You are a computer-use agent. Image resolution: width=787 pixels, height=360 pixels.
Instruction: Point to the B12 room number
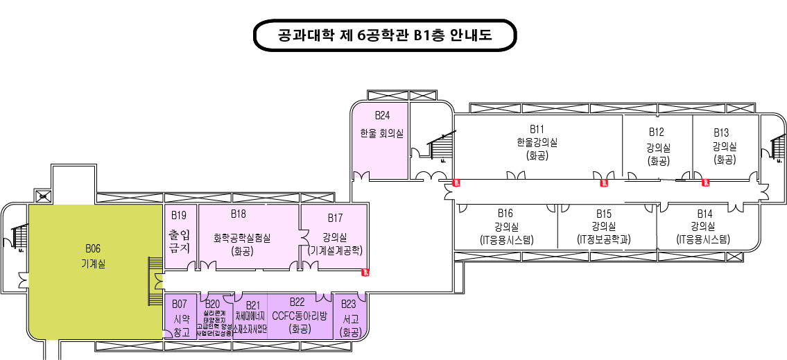(657, 132)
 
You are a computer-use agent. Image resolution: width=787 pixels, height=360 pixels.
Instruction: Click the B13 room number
(721, 132)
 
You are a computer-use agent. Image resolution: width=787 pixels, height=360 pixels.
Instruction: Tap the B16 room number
(505, 213)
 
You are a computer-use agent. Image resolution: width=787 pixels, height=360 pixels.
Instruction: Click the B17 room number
(336, 218)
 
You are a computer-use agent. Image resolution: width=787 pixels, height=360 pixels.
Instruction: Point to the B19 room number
(179, 214)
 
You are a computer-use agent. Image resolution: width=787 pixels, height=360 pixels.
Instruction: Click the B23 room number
(349, 304)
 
